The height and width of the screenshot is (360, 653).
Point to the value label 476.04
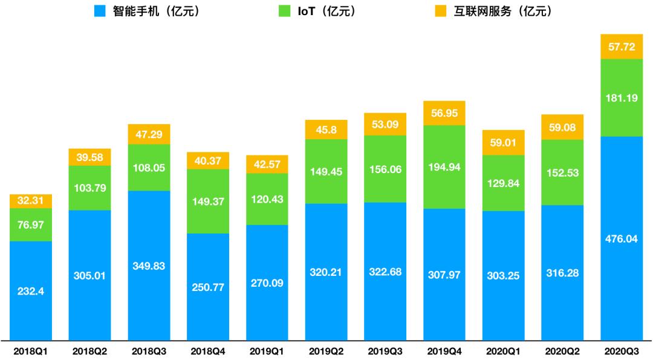pos(621,238)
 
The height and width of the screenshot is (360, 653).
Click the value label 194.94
pos(444,167)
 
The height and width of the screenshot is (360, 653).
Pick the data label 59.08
pos(562,128)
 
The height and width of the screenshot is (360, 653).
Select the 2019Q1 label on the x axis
pos(267,350)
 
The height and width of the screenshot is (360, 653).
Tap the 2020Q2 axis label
pos(562,350)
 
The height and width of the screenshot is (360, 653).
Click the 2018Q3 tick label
pos(149,350)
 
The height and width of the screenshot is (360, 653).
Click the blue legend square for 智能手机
pos(100,11)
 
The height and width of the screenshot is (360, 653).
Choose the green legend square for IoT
pos(284,11)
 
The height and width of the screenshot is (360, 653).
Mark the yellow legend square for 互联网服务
pos(441,11)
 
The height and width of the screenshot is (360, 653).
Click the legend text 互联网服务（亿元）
pos(503,11)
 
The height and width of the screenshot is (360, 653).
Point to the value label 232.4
pos(31,290)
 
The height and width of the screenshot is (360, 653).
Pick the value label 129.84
pos(503,183)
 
